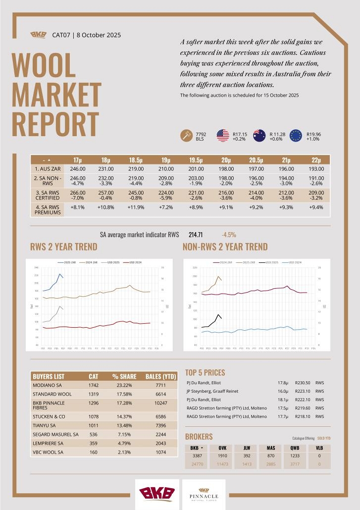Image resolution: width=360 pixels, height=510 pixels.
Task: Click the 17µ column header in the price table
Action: (x=77, y=160)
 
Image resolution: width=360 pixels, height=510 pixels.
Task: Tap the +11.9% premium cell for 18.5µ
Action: (x=136, y=208)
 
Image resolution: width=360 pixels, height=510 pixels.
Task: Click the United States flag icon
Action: (x=223, y=135)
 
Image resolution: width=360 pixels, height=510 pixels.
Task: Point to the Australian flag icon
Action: (x=259, y=135)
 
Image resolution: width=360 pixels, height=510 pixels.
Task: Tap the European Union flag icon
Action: (x=296, y=135)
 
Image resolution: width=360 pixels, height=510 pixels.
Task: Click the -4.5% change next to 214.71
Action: (x=228, y=234)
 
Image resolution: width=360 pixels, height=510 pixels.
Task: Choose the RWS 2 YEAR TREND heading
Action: (x=64, y=247)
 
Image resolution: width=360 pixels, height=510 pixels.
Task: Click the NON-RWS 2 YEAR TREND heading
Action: (x=225, y=247)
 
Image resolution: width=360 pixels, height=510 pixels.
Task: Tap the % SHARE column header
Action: (x=124, y=376)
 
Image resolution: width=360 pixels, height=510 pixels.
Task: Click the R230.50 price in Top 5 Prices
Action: (x=303, y=383)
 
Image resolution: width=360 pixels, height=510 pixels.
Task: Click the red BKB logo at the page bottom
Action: (x=157, y=493)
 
